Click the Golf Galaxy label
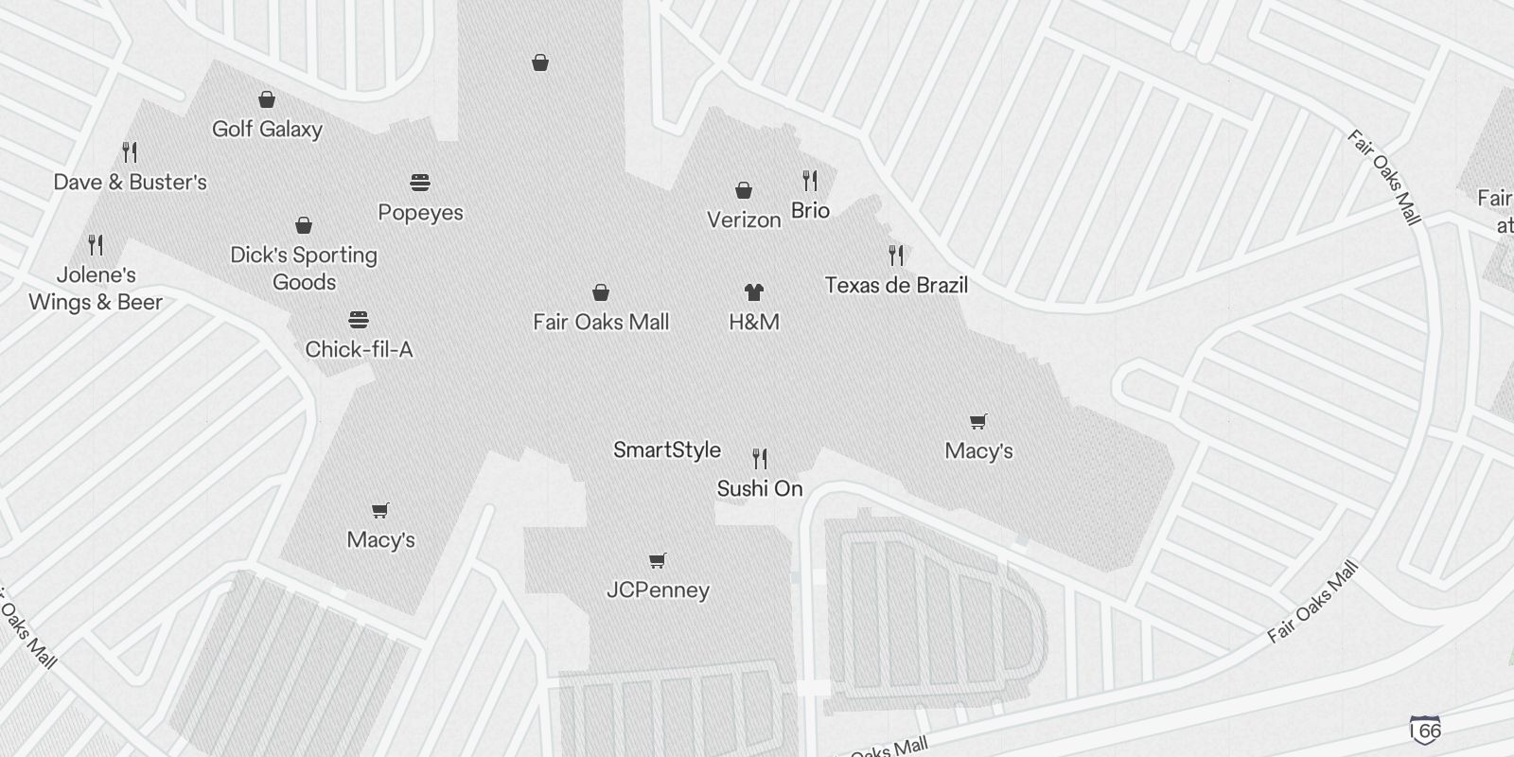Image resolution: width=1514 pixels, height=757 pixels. (267, 130)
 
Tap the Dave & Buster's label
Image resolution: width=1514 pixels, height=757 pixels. (130, 183)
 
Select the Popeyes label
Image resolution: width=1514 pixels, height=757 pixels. (420, 213)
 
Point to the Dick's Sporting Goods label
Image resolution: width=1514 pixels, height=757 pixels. (304, 269)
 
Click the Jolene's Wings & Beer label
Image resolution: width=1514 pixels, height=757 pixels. (96, 289)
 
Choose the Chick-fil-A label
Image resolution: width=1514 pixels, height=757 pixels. (359, 350)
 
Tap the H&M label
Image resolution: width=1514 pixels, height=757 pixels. (754, 323)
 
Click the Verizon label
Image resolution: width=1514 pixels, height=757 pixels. (744, 220)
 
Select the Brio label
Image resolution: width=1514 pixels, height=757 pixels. (810, 211)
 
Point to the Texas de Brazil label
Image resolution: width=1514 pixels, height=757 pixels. (896, 286)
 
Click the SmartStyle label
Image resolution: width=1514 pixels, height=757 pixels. (667, 450)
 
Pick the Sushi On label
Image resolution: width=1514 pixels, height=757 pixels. (760, 489)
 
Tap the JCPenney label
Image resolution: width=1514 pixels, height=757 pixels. (658, 590)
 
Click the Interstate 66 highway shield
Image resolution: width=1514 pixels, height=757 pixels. (1426, 729)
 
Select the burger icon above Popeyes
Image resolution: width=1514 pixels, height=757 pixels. (420, 182)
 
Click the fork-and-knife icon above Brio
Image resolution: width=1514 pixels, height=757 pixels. (810, 180)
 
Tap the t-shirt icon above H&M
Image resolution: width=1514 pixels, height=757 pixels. (754, 292)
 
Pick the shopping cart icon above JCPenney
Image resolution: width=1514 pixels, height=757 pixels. (658, 560)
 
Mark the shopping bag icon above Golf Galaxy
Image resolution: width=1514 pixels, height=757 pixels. (267, 99)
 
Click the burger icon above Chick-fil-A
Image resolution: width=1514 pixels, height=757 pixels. (359, 320)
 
